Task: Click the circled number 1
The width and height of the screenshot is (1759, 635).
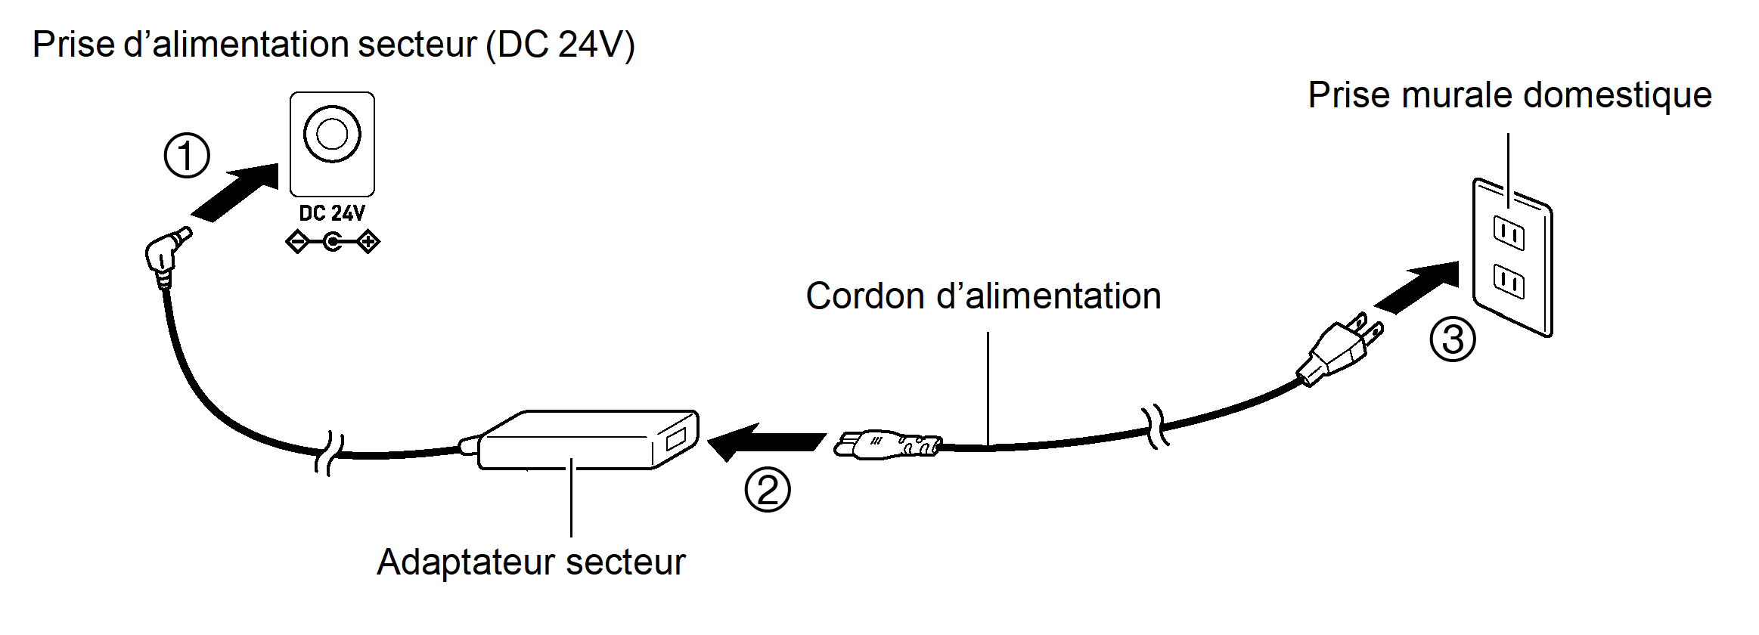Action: [x=187, y=156]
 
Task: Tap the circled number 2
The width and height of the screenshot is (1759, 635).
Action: [x=768, y=489]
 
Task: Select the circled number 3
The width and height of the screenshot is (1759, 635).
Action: [x=1453, y=339]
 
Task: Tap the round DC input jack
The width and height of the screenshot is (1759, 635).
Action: [x=332, y=135]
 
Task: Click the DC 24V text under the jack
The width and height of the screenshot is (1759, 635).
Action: [x=332, y=214]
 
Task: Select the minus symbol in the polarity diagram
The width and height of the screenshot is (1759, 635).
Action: [x=297, y=243]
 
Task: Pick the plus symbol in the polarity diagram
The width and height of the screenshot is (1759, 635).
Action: [x=368, y=243]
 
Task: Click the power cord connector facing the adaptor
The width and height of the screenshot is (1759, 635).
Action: [x=885, y=444]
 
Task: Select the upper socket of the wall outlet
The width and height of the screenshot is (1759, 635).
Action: [x=1509, y=234]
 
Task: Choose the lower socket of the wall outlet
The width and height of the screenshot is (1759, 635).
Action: [x=1509, y=282]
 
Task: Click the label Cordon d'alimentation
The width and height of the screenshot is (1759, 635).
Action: [x=983, y=296]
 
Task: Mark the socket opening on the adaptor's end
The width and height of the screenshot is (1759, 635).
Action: [x=675, y=439]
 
